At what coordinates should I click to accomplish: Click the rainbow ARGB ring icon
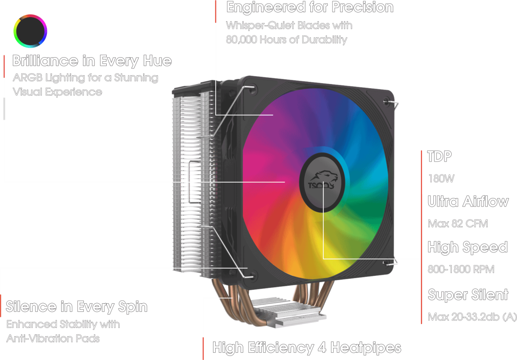pos(30,31)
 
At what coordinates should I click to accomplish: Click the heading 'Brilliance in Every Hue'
pos(92,61)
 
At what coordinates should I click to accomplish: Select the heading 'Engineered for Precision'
pos(310,7)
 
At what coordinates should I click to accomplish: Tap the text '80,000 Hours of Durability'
pos(286,40)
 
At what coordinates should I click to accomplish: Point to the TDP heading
pos(440,157)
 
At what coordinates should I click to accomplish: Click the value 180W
pos(441,178)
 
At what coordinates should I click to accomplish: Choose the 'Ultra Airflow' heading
pos(468,202)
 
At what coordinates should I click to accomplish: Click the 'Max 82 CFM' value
pos(458,224)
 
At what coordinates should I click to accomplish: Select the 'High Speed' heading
pos(467,247)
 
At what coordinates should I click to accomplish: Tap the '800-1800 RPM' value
pos(461,270)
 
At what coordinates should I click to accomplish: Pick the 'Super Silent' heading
pos(467,295)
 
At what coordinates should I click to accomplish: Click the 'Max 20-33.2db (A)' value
pos(472,317)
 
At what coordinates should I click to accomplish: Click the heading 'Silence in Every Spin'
pos(77,307)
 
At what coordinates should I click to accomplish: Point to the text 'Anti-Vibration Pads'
pos(53,338)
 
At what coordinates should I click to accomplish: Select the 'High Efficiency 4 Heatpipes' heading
pos(307,347)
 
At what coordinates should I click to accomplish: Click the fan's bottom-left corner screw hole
pos(251,274)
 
